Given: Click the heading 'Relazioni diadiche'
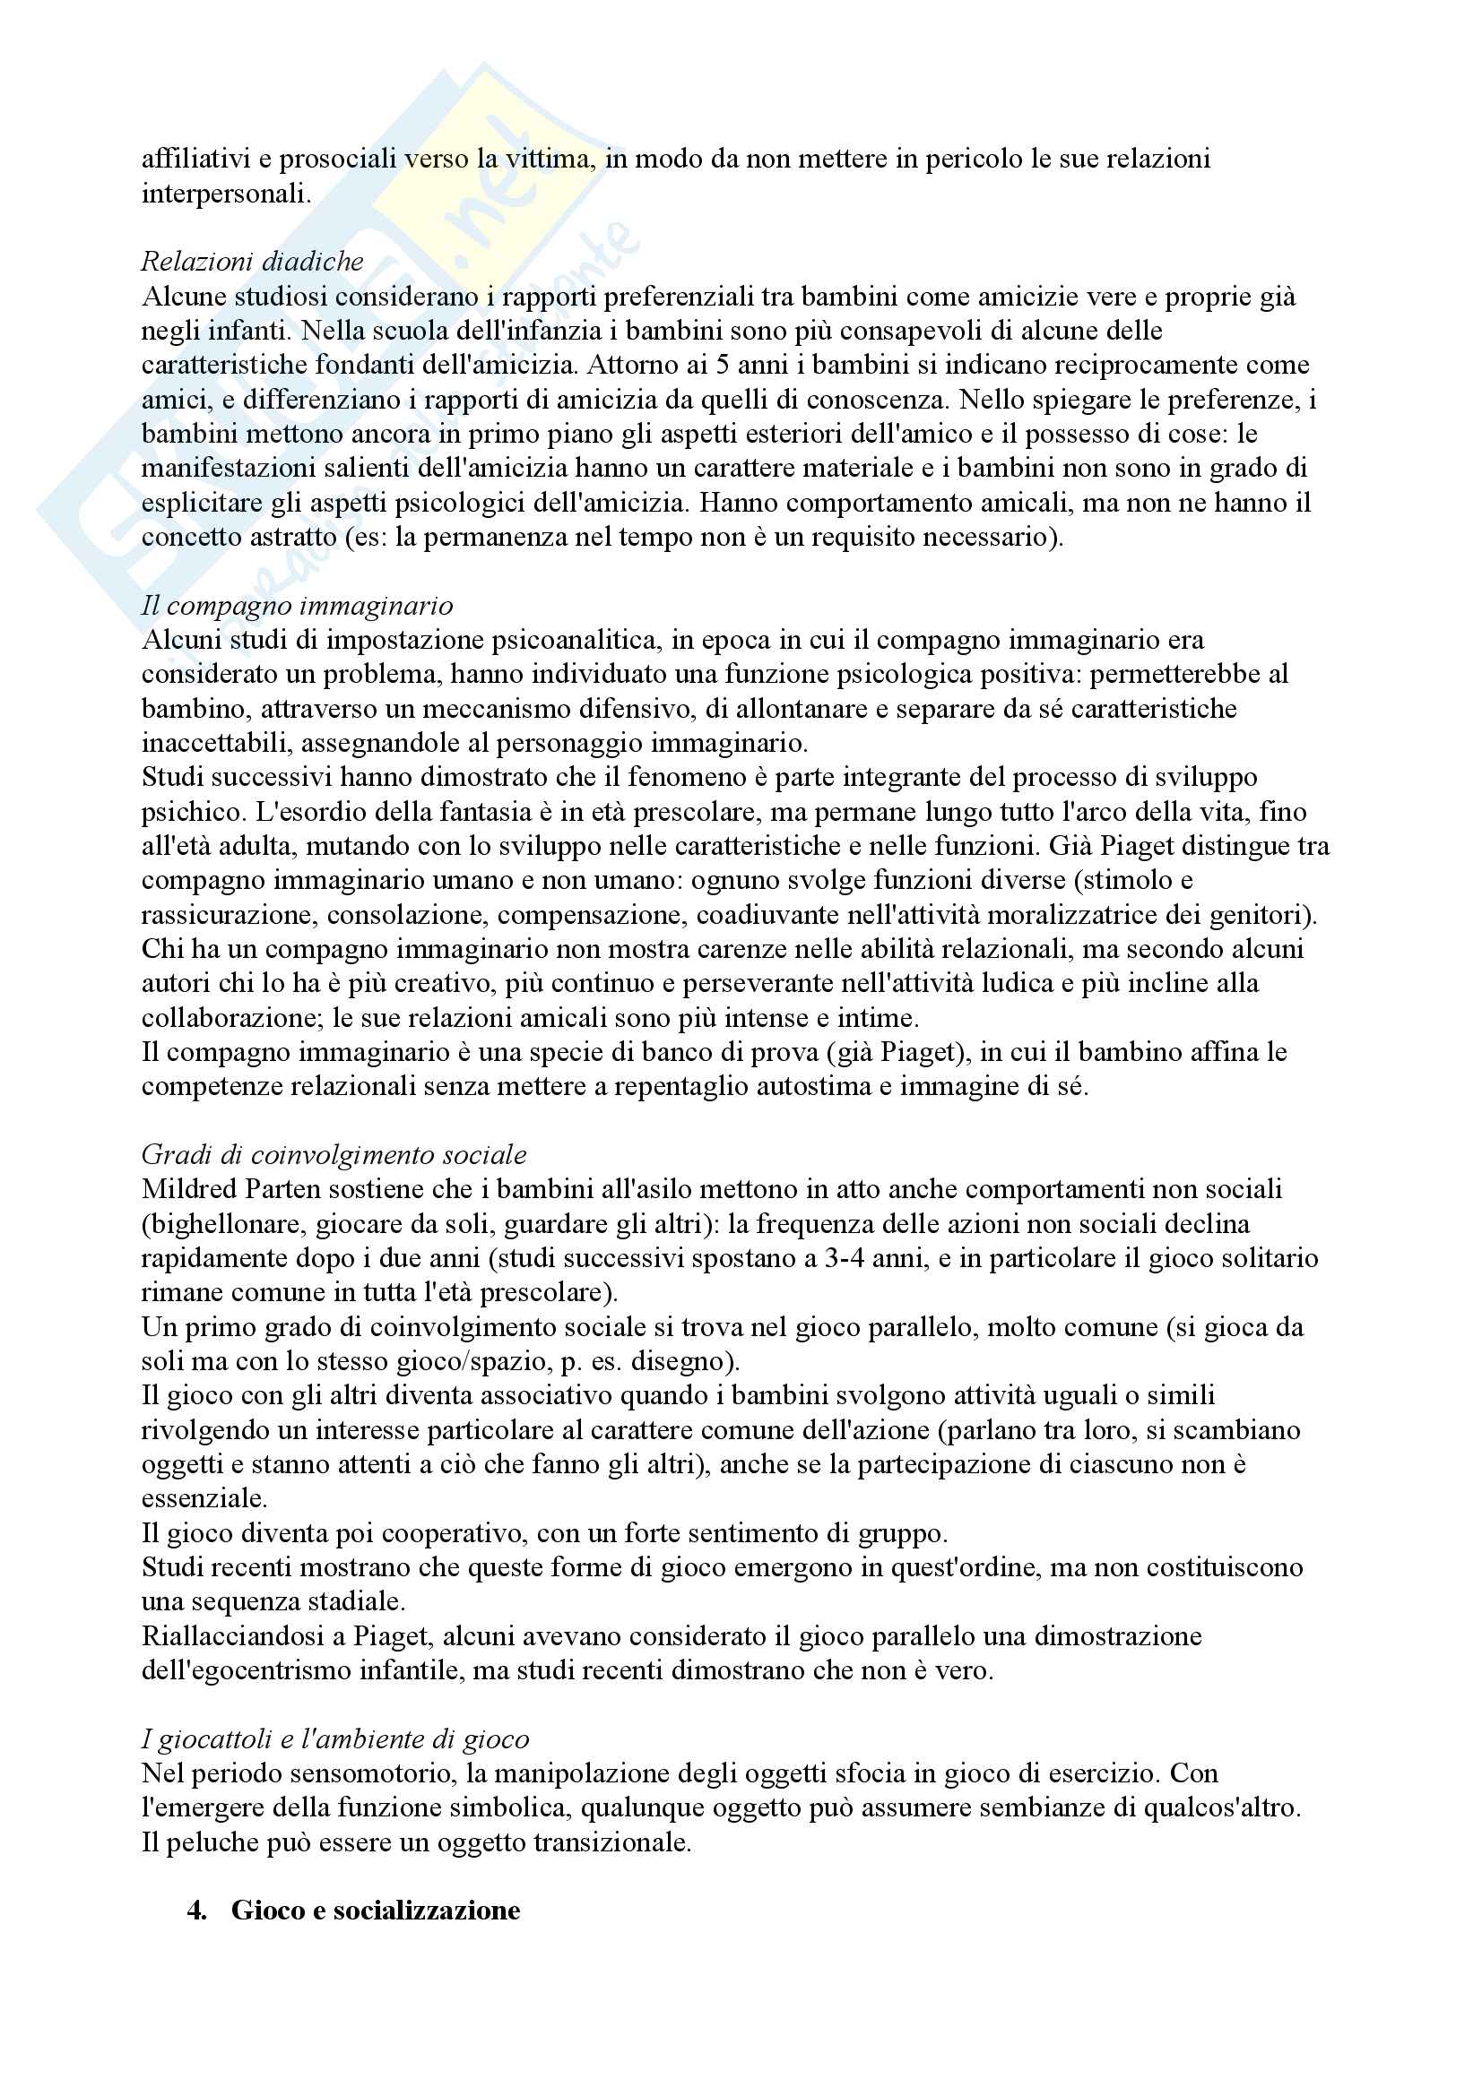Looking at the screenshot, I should pyautogui.click(x=252, y=262).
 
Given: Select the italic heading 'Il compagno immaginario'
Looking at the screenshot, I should pyautogui.click(x=297, y=605).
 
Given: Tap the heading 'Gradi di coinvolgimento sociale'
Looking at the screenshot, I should pyautogui.click(x=334, y=1155).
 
